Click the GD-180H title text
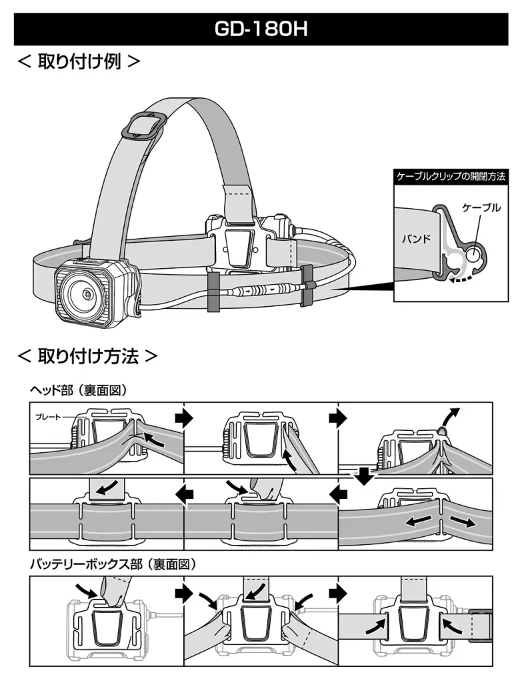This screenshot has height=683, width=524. [261, 30]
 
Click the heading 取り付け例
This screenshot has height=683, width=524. [79, 63]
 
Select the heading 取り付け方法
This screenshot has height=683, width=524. [87, 356]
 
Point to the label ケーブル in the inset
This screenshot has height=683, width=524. [481, 208]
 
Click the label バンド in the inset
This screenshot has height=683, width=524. [416, 238]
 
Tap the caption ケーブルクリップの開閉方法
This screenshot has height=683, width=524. [451, 177]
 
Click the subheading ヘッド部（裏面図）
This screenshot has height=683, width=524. [78, 390]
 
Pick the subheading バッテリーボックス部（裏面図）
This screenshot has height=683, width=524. [113, 564]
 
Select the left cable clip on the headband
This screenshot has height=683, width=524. [213, 291]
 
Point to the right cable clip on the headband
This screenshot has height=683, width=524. [308, 285]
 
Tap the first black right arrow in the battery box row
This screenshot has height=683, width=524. [183, 592]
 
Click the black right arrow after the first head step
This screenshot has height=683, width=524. [183, 417]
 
